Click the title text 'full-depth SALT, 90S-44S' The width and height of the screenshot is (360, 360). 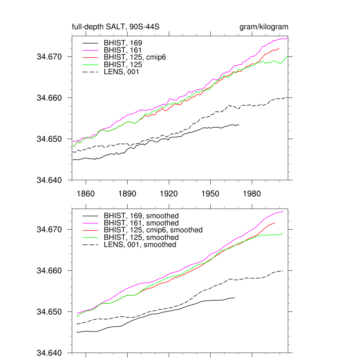pos(116,27)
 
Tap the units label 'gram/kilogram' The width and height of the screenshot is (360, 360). pos(264,27)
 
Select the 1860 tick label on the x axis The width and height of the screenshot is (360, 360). pos(86,194)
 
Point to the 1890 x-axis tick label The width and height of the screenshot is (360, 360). pos(127,194)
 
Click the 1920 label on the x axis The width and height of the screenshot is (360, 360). pos(169,194)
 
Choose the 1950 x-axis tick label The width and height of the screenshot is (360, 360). pos(210,194)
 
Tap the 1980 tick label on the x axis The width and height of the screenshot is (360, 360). pos(252,194)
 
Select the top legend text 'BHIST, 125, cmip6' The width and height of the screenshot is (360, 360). pos(135,57)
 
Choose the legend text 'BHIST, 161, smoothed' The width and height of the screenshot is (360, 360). pos(141,223)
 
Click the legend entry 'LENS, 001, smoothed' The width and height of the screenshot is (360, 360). pos(140,245)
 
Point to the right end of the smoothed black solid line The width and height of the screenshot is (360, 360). pos(235,298)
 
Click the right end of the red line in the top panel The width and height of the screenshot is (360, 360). pos(279,48)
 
